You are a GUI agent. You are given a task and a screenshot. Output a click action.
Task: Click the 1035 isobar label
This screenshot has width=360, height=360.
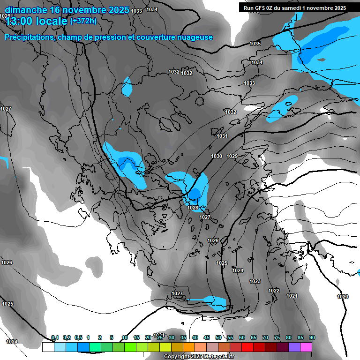(255, 44)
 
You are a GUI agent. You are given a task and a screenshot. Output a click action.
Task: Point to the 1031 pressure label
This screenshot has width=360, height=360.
(222, 136)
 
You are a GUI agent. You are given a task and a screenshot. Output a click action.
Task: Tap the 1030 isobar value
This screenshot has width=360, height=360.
(217, 156)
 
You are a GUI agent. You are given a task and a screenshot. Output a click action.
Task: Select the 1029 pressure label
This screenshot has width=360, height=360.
(232, 156)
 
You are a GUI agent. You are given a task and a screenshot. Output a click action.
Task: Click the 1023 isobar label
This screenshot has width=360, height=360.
(255, 281)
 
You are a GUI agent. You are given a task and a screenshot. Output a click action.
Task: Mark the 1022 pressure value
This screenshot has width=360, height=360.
(274, 291)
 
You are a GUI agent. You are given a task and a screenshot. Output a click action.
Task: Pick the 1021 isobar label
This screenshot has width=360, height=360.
(292, 296)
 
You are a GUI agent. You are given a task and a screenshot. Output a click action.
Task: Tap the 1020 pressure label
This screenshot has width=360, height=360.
(343, 297)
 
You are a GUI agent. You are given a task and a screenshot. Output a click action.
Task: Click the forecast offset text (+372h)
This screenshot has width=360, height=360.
(83, 21)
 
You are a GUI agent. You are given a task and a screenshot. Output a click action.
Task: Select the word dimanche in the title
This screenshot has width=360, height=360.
(26, 9)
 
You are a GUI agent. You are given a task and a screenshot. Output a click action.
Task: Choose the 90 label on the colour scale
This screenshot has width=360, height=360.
(312, 337)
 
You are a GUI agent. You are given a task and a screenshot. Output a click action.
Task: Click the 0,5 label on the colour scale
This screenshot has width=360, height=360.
(78, 337)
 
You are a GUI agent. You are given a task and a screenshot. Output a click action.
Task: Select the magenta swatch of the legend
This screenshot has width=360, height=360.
(306, 347)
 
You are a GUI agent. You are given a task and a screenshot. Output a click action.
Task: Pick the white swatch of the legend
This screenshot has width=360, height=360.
(48, 347)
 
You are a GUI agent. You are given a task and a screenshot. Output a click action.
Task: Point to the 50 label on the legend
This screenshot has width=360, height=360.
(218, 337)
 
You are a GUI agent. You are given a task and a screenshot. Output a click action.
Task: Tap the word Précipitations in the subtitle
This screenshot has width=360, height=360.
(29, 37)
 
